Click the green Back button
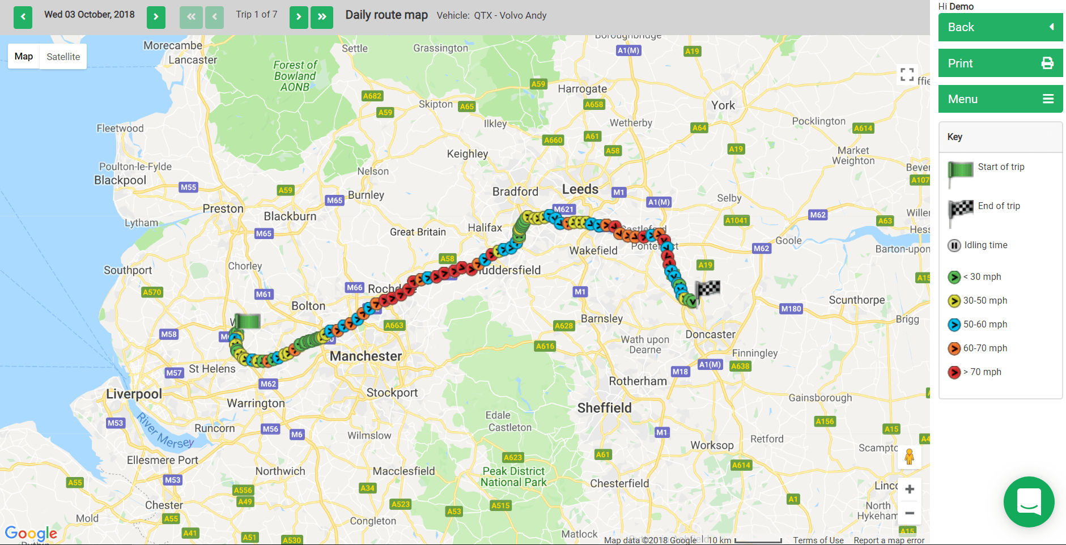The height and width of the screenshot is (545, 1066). [x=1000, y=27]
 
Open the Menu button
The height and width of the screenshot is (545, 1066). [x=1000, y=99]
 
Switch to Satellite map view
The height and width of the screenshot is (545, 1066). [x=63, y=57]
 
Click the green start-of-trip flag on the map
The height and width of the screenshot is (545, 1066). [x=247, y=321]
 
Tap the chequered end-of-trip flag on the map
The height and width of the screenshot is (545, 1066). [x=708, y=289]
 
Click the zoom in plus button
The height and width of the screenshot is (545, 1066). [x=909, y=489]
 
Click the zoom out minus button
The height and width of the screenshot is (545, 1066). [x=909, y=513]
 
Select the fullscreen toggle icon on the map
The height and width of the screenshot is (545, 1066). [x=907, y=74]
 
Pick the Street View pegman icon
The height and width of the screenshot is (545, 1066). [x=909, y=457]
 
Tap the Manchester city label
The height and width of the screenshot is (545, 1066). [x=366, y=356]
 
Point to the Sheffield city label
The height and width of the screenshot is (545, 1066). [x=604, y=408]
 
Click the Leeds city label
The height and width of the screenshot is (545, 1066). [x=580, y=189]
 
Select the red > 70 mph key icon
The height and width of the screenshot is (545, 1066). [x=954, y=372]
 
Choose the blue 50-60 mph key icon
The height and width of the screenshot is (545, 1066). [x=954, y=325]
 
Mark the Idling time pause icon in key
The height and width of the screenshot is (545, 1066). [x=954, y=245]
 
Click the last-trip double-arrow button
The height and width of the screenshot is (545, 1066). [x=322, y=17]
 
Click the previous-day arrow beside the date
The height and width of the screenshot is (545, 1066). [x=23, y=17]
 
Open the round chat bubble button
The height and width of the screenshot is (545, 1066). [x=1029, y=501]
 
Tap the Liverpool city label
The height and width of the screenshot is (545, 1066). [x=134, y=394]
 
